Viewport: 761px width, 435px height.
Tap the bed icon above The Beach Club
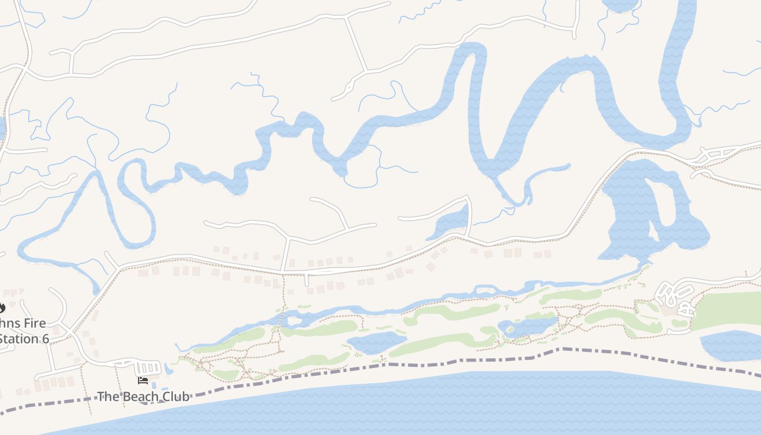143,381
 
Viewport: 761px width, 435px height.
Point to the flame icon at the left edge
2,308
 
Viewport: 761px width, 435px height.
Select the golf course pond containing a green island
527,326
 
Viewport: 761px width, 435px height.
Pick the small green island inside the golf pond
510,330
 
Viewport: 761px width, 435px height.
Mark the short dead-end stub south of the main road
307,280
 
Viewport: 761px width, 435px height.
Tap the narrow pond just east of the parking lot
168,369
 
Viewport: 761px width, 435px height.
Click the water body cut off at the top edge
620,4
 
